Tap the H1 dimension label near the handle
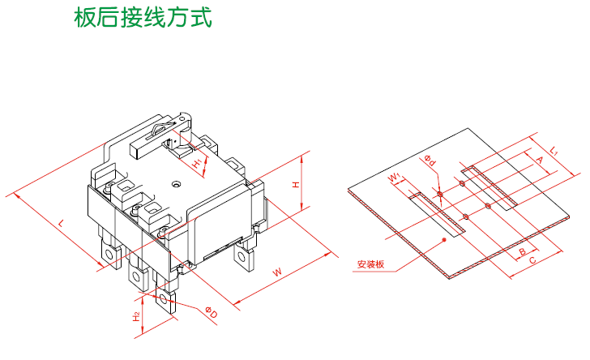tap(198, 162)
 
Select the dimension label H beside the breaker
tap(296, 185)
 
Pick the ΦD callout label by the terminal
tap(207, 312)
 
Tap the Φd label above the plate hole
tap(430, 162)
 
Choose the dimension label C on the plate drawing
tap(533, 261)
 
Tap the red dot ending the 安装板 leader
tap(445, 240)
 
